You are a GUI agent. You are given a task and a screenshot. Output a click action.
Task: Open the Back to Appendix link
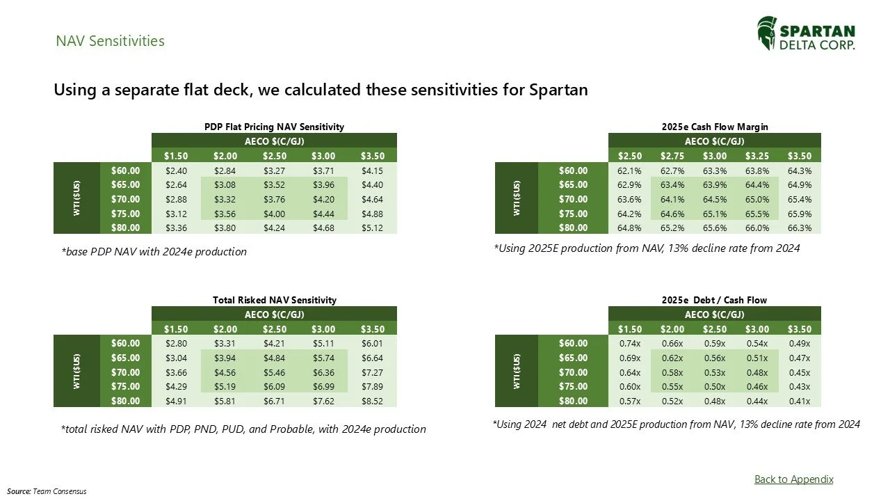[793, 479]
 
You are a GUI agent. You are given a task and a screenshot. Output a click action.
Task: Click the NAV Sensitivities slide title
[110, 41]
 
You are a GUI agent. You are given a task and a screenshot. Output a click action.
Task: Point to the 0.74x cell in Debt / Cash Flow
[629, 343]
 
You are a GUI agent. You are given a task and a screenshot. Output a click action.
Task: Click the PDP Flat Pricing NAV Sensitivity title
[274, 127]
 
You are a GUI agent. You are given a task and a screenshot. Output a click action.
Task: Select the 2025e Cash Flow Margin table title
[715, 127]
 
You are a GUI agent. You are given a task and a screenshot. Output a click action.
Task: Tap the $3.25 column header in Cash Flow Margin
[754, 155]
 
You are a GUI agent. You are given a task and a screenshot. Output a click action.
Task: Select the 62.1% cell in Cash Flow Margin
[629, 170]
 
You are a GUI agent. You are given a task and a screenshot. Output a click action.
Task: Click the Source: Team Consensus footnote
[47, 491]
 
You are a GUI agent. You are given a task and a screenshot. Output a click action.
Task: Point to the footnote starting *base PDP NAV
[154, 252]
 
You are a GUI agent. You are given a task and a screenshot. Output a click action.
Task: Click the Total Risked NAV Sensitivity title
[274, 300]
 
